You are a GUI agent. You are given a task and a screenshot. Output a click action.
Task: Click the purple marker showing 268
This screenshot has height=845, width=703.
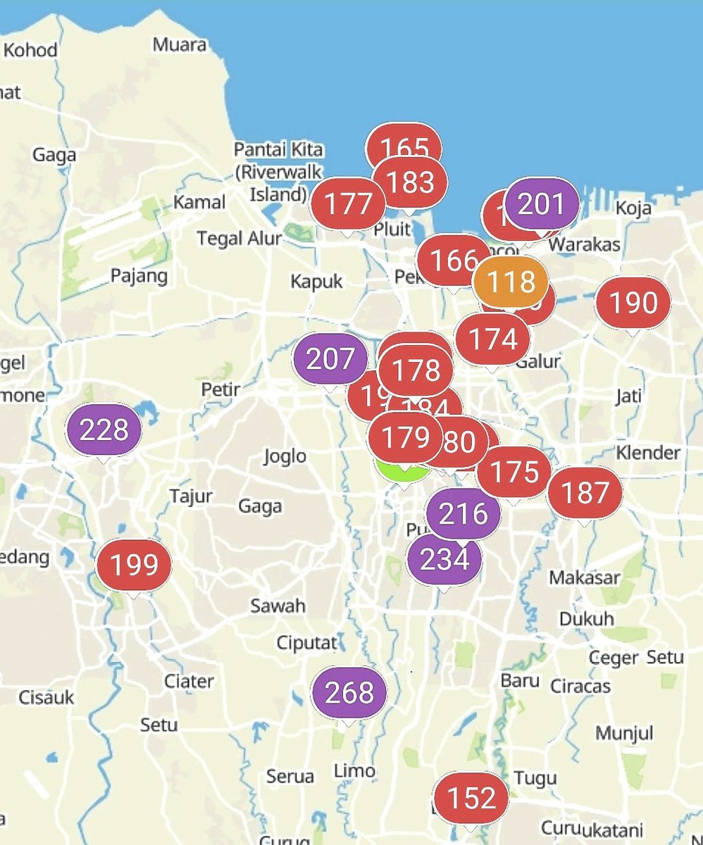point(349,693)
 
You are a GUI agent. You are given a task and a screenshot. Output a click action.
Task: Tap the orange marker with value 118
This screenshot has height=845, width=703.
point(511,282)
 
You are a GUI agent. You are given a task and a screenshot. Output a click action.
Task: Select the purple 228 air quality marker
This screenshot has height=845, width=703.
point(104,429)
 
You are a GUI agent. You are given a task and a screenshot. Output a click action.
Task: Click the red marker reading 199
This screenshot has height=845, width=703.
point(134,565)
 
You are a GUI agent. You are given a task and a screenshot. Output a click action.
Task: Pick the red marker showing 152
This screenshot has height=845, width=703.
point(471,798)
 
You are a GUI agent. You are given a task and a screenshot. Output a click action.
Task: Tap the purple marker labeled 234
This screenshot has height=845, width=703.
point(444,559)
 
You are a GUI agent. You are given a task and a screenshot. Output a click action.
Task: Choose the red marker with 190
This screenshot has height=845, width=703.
point(633,303)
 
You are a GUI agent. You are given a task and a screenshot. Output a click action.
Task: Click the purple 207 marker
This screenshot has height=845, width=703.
point(330,359)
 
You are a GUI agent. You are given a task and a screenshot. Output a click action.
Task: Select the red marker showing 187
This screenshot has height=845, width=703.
point(585,492)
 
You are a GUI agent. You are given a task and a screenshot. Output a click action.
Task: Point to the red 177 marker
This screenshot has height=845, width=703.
point(349,204)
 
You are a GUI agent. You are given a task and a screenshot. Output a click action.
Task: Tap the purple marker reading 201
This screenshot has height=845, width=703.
point(542,204)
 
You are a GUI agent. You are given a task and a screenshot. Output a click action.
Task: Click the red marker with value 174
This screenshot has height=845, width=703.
point(492,339)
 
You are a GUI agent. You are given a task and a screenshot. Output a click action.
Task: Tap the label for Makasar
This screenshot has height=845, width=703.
point(585,577)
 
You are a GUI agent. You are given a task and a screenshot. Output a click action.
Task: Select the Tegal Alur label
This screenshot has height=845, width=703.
point(239,238)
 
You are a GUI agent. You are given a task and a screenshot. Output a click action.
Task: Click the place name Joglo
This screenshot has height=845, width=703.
point(285,456)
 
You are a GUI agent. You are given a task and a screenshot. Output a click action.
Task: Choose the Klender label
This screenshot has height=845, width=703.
point(648,452)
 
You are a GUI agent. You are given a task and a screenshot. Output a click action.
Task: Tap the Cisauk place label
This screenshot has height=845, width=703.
point(46,697)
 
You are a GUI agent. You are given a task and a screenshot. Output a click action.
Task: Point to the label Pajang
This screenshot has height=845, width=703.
point(139,275)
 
